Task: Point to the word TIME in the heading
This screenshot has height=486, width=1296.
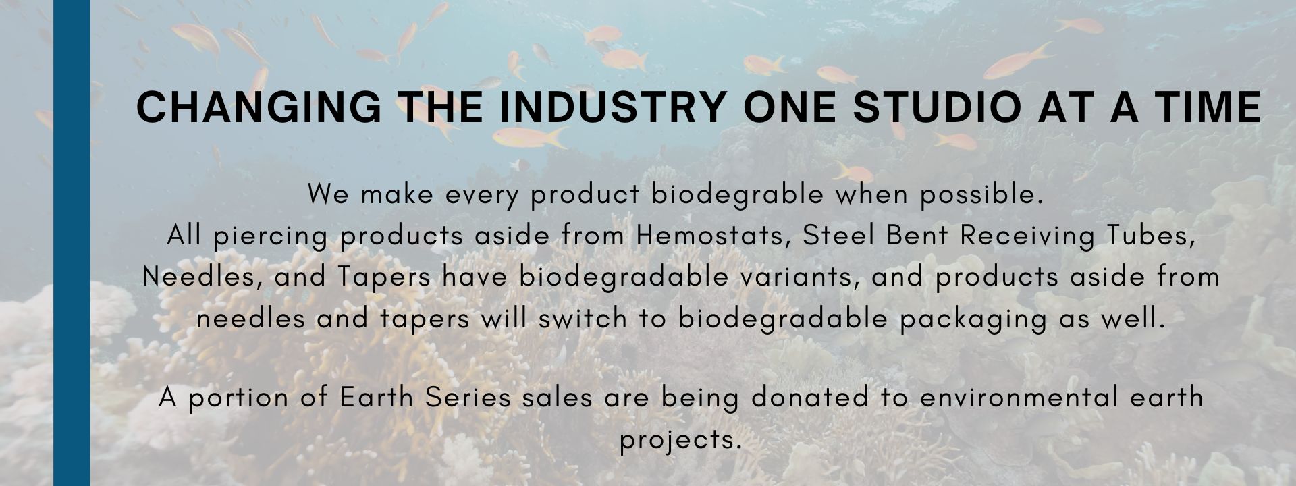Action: pos(1193,107)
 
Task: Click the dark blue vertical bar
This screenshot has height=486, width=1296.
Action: pos(72,243)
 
